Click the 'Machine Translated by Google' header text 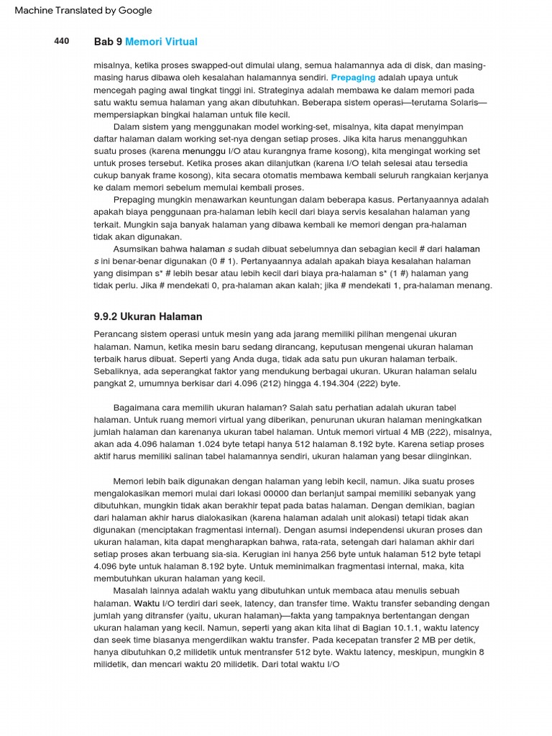83,11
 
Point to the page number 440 62,42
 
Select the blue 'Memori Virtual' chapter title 161,42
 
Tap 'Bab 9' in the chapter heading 108,42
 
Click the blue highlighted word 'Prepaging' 353,78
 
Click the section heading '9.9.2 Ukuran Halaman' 148,316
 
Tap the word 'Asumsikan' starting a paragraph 135,249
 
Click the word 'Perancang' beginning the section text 116,334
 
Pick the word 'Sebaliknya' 117,371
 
